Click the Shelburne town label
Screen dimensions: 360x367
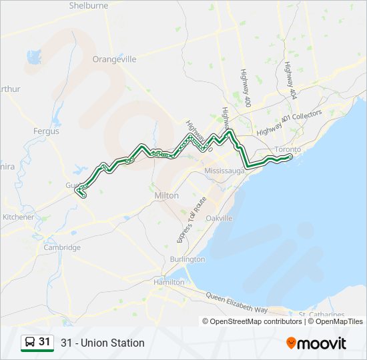[88, 6]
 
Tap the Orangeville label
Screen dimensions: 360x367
[115, 59]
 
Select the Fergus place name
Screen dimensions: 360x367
[46, 131]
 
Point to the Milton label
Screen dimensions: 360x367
[166, 195]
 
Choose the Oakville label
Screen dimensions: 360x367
[219, 218]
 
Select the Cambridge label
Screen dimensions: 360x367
[61, 247]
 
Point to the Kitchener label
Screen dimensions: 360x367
[18, 217]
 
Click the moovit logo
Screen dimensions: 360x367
[316, 343]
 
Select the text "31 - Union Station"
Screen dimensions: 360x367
[102, 343]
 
